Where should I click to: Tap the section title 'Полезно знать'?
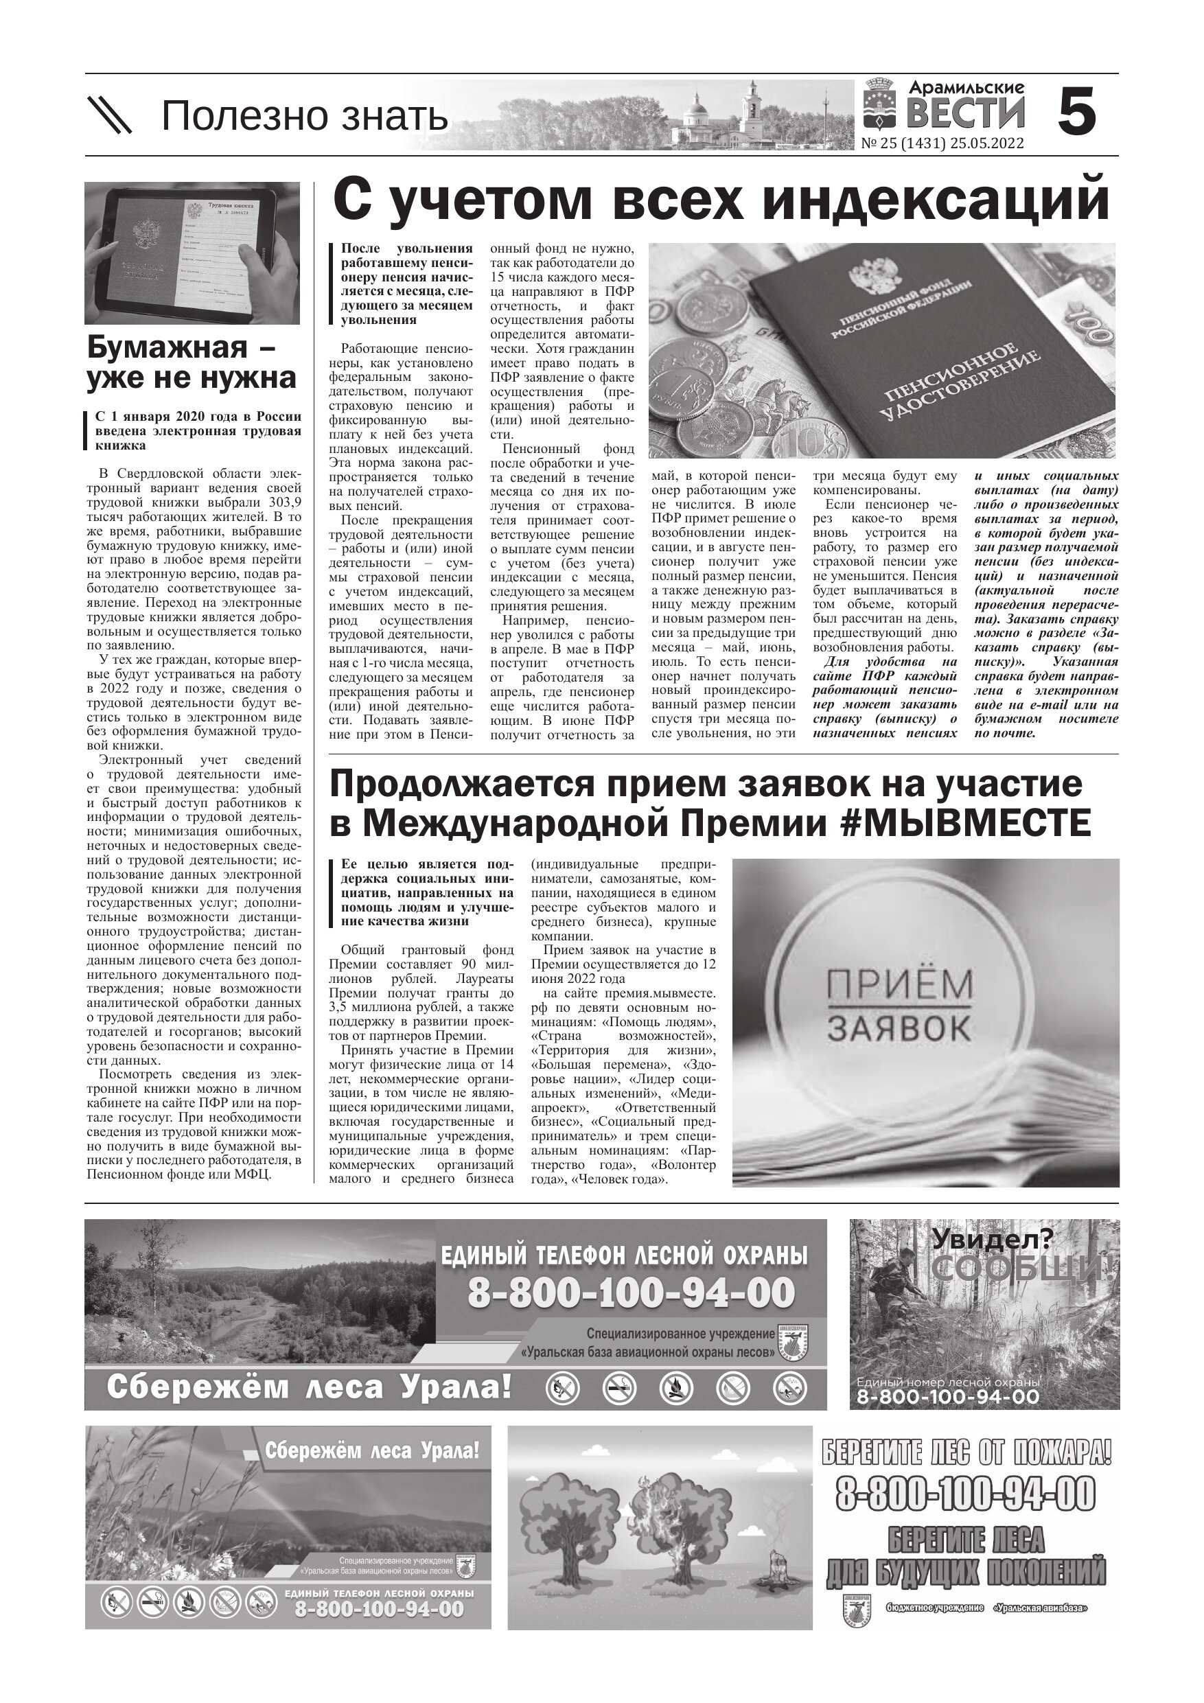tap(304, 117)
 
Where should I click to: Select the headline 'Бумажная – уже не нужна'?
tap(192, 362)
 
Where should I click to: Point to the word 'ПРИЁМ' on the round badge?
tap(899, 984)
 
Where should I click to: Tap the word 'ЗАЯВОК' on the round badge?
tap(899, 1028)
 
